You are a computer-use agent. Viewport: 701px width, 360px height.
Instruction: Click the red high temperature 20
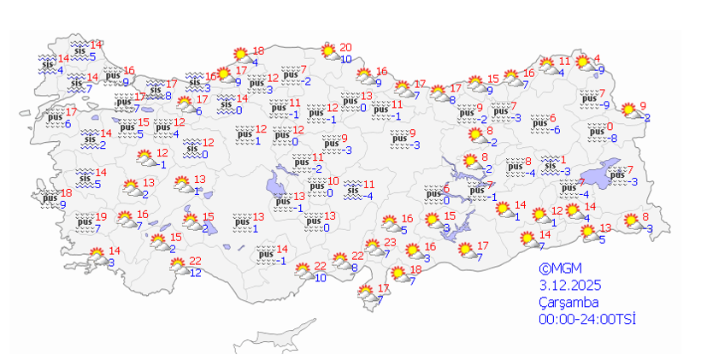click(x=345, y=48)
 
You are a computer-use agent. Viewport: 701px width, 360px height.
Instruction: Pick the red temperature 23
click(x=392, y=243)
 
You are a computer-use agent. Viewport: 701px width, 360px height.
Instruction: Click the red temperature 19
click(x=101, y=217)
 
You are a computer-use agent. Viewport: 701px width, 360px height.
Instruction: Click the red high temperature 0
click(x=610, y=127)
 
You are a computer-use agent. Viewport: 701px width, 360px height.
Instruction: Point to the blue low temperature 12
click(x=195, y=273)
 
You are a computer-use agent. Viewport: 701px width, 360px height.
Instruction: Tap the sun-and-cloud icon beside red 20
click(x=329, y=52)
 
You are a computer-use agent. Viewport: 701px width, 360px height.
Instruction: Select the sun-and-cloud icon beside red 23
click(x=373, y=249)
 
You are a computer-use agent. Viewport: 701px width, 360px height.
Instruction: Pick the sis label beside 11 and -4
click(x=352, y=190)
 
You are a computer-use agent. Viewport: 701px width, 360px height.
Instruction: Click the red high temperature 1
click(x=563, y=159)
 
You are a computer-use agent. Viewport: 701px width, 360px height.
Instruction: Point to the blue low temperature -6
click(x=555, y=130)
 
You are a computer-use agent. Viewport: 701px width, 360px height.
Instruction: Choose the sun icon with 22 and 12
click(x=179, y=266)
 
